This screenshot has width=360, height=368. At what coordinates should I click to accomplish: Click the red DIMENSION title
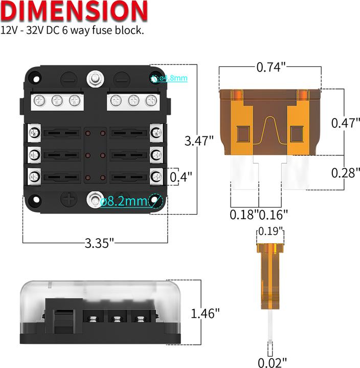coord(74,11)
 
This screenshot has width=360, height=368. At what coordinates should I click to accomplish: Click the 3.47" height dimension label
coord(199,141)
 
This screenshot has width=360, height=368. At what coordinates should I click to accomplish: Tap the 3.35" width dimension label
coord(99,243)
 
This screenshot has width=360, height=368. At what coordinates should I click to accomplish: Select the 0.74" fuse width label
coord(271,67)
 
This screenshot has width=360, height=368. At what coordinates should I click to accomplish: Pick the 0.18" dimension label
coord(244,215)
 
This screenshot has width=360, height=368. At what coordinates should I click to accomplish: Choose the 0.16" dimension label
coord(273,215)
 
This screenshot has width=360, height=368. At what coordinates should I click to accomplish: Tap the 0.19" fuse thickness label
coord(271,231)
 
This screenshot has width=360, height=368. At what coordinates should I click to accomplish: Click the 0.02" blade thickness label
coord(273,362)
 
